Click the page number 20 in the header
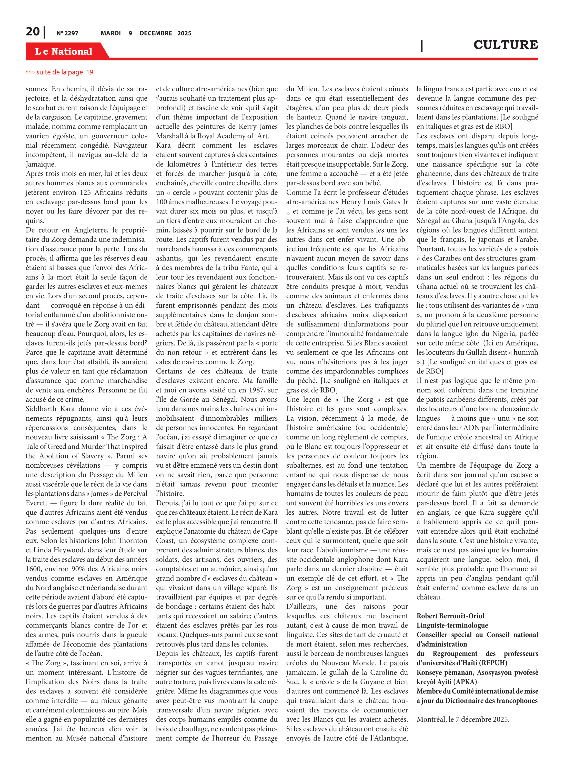33,32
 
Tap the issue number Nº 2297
67,33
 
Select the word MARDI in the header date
110,33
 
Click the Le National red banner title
64,51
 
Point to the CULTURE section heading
505,45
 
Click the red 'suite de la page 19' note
59,72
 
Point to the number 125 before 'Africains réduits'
85,192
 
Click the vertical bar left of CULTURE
422,45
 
